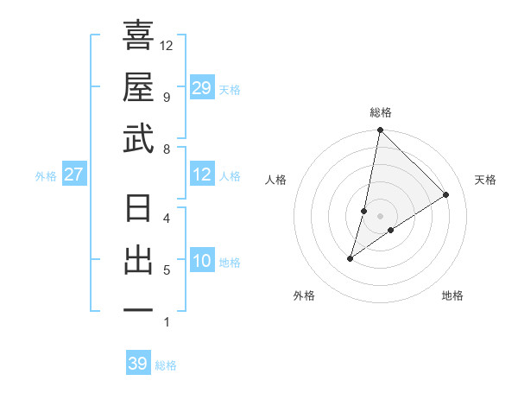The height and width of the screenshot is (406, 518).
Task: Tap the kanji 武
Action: point(138,138)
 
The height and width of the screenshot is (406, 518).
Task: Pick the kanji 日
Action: point(138,210)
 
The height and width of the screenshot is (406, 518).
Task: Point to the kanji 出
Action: point(138,261)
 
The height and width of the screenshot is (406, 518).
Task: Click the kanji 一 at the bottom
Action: point(138,310)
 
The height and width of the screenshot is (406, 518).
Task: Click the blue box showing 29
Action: point(201,88)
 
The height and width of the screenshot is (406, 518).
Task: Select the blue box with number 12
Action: point(201,174)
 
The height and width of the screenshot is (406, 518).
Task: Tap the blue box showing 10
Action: point(201,261)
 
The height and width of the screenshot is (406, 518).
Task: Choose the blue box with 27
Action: point(74,174)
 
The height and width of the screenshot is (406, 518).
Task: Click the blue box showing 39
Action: point(138,364)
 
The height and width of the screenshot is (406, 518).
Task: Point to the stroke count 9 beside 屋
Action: point(166,97)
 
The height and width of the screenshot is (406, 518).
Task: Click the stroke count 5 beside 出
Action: point(166,270)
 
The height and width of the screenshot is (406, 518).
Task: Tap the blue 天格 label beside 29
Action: point(230,89)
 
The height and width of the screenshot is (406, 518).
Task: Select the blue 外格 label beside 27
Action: point(46,175)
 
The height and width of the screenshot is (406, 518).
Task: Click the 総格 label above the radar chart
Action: point(380,112)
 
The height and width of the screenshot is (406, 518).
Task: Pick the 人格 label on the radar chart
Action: point(276,180)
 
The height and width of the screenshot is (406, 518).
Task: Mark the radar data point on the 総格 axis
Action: point(380,131)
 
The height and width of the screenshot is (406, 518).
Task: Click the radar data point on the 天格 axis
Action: point(446,195)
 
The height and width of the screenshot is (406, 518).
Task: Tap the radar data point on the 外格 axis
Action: point(351,258)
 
